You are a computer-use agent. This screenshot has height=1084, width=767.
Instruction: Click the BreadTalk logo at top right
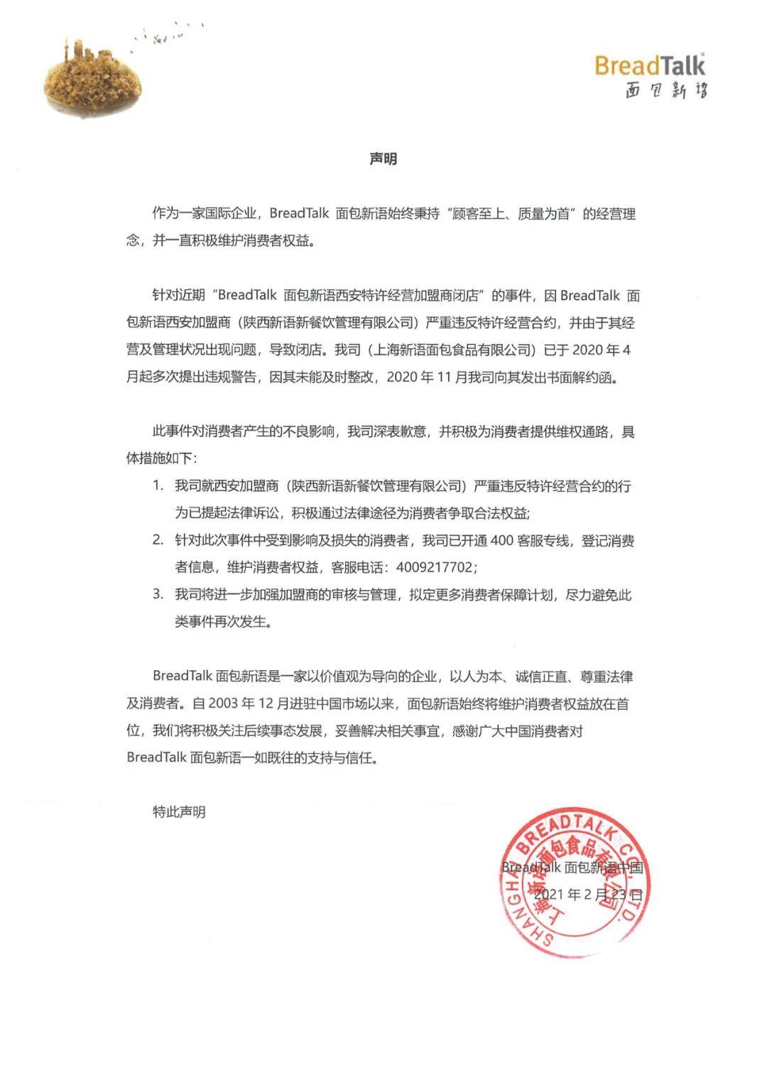pos(650,65)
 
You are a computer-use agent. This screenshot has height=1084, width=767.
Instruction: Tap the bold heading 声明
pos(383,159)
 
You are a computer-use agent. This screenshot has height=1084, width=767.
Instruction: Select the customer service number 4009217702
pos(435,568)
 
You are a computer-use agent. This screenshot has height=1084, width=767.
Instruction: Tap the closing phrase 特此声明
pos(179,811)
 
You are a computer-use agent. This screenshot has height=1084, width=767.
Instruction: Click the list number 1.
pos(158,486)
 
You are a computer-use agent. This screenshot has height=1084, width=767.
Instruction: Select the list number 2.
pos(158,541)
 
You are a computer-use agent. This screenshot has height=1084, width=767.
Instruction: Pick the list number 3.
pos(158,595)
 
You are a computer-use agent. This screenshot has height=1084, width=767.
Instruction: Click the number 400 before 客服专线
pos(501,541)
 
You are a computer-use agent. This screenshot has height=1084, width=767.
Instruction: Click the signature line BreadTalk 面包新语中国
pos(572,867)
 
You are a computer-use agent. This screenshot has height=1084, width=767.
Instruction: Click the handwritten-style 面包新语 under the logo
pos(665,90)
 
